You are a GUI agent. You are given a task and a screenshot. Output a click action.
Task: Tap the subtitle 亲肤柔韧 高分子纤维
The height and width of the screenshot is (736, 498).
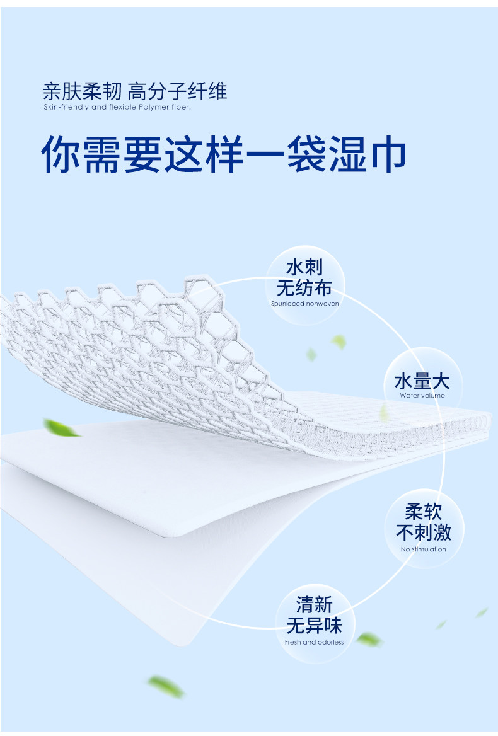coord(134,92)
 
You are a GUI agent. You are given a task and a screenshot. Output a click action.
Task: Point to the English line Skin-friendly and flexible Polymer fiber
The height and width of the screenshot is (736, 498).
coord(117,108)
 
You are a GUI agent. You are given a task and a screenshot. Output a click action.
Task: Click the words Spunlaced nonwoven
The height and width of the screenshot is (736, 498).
coord(304,303)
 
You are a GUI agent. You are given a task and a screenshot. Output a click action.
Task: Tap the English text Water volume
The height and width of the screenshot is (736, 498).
coord(422,396)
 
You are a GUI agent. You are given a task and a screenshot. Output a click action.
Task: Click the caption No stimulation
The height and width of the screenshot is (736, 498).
coord(423,549)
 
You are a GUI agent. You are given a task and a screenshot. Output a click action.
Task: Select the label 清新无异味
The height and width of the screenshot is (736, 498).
coord(314,616)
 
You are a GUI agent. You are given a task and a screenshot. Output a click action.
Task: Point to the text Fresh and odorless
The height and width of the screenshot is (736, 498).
coord(314,642)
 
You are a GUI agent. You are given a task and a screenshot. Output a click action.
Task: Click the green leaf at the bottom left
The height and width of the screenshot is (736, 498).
coord(166,686)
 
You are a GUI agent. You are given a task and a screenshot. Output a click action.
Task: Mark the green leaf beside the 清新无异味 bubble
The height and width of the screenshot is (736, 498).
coord(369,640)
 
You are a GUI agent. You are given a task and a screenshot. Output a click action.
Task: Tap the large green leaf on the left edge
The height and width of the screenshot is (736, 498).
coord(61,428)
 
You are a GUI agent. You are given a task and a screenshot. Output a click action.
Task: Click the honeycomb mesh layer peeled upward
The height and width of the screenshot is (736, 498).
coord(158,340)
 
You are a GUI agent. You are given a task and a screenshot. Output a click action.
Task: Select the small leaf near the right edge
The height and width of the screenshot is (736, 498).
coord(482,612)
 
